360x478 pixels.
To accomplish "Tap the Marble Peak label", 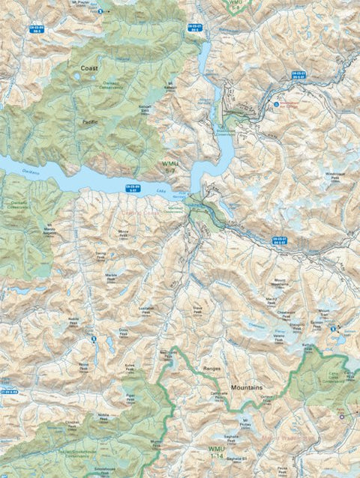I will coord(112,277).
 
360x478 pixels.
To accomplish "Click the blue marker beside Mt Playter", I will coord(100,11).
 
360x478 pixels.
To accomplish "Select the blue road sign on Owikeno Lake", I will coord(132,189).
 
